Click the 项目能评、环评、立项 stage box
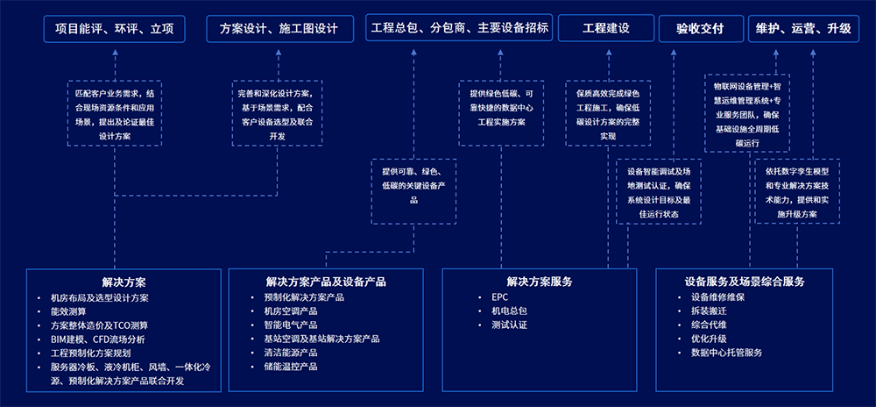pyautogui.click(x=114, y=29)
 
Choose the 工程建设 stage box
pyautogui.click(x=606, y=29)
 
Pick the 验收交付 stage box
pyautogui.click(x=700, y=29)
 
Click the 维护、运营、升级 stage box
pyautogui.click(x=802, y=29)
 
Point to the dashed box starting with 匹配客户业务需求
pyautogui.click(x=115, y=113)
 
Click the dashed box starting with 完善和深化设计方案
pyautogui.click(x=278, y=113)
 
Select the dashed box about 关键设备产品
pyautogui.click(x=413, y=185)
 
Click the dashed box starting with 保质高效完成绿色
pyautogui.click(x=608, y=113)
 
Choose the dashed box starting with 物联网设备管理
pyautogui.click(x=746, y=113)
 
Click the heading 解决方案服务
pyautogui.click(x=539, y=282)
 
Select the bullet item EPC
pyautogui.click(x=499, y=296)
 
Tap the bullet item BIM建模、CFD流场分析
pyautogui.click(x=97, y=339)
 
